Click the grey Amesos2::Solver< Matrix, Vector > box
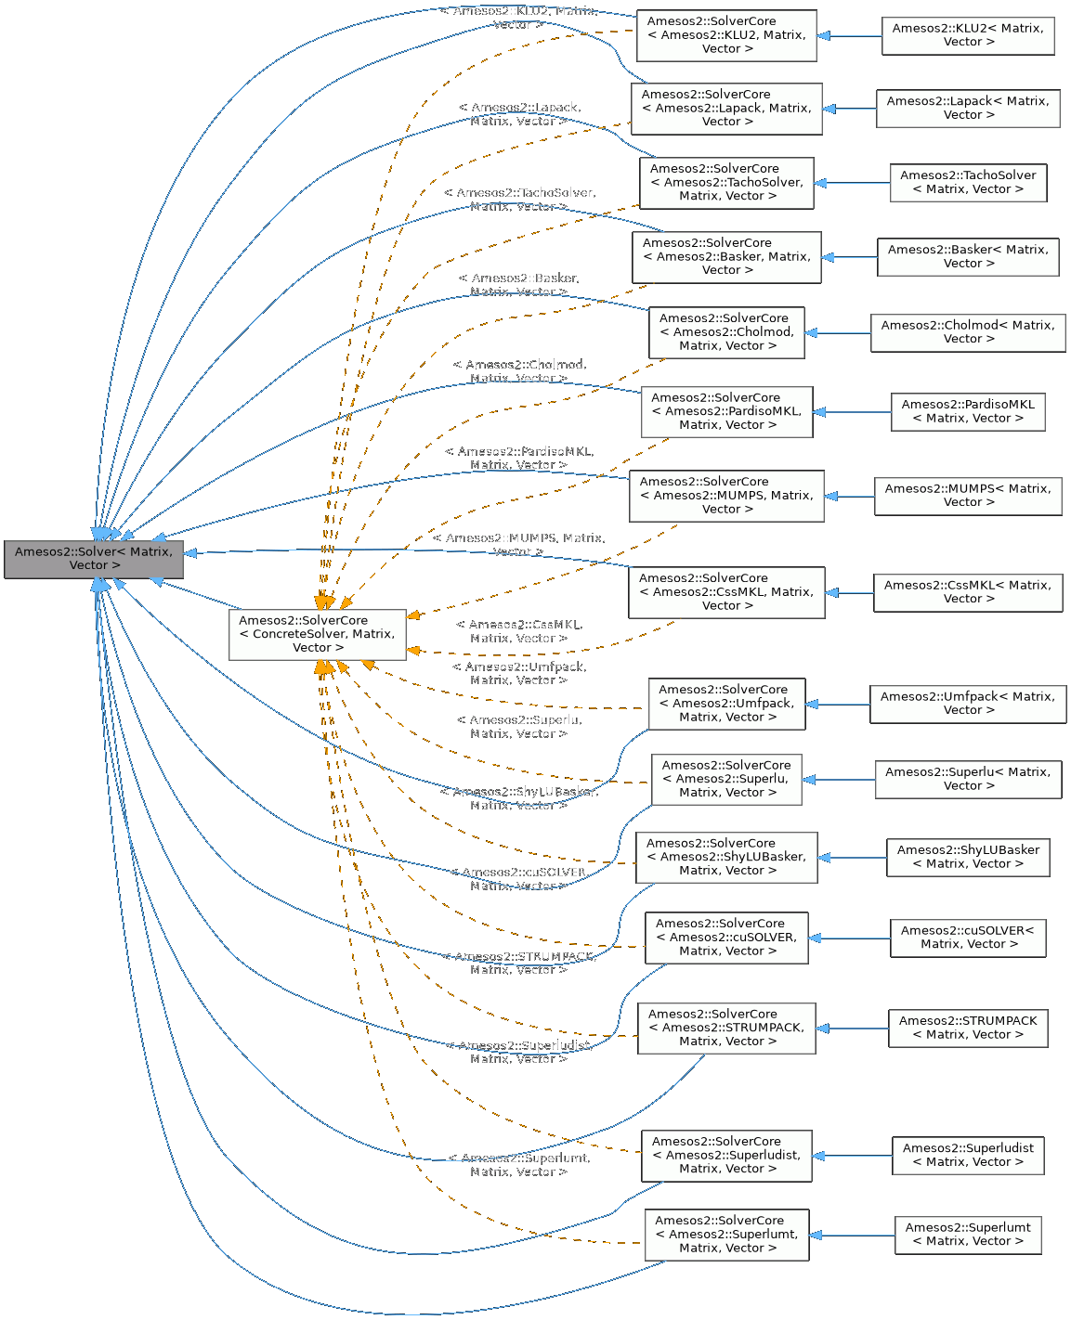(x=94, y=559)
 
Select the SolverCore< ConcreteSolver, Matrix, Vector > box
(x=317, y=634)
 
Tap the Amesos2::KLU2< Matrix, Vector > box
(x=967, y=35)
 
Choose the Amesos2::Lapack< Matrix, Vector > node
(x=967, y=109)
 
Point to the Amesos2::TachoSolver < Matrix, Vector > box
(x=967, y=182)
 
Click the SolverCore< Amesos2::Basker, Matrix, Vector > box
(x=726, y=257)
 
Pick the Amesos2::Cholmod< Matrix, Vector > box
(x=967, y=332)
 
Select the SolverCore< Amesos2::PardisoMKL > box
(x=726, y=411)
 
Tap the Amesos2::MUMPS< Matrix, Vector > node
(x=967, y=496)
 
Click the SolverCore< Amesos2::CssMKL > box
(x=726, y=592)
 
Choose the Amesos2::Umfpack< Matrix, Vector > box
(x=967, y=704)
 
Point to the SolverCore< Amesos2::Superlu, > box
(x=726, y=779)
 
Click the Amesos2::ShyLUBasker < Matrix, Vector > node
(x=967, y=857)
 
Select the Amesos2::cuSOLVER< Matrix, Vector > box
(x=967, y=938)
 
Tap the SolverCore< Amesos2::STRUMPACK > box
(x=726, y=1028)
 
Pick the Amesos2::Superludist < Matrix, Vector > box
(x=967, y=1155)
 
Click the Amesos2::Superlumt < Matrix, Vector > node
(x=967, y=1235)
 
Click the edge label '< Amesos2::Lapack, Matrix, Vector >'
(x=519, y=115)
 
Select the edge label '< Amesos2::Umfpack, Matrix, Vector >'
(x=519, y=674)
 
